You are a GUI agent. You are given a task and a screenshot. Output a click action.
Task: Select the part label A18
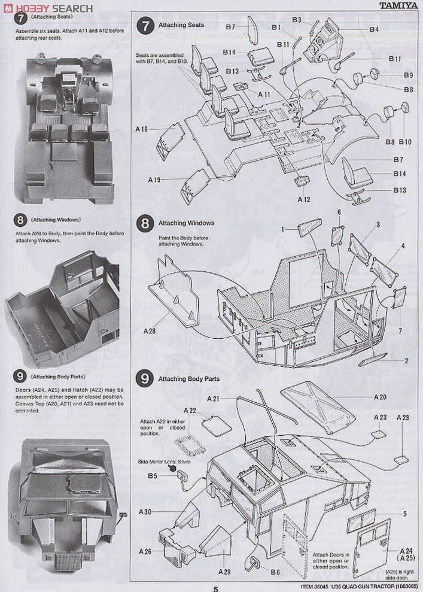[x=142, y=129]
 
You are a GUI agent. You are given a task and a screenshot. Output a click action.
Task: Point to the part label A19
[x=155, y=180]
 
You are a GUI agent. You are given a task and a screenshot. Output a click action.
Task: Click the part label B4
[x=374, y=29]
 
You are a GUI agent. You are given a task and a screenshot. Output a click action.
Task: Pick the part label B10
[x=405, y=142]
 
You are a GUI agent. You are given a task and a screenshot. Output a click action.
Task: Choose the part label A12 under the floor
[x=303, y=199]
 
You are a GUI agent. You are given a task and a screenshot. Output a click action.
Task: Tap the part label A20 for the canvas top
[x=380, y=397]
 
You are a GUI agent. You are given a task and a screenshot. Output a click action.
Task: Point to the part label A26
[x=145, y=551]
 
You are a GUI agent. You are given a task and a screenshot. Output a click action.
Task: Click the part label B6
[x=275, y=572]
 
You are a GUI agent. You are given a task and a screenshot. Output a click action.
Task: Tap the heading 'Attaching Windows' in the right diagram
[x=185, y=223]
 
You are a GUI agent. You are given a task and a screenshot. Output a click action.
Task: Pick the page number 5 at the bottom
[x=215, y=588]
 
